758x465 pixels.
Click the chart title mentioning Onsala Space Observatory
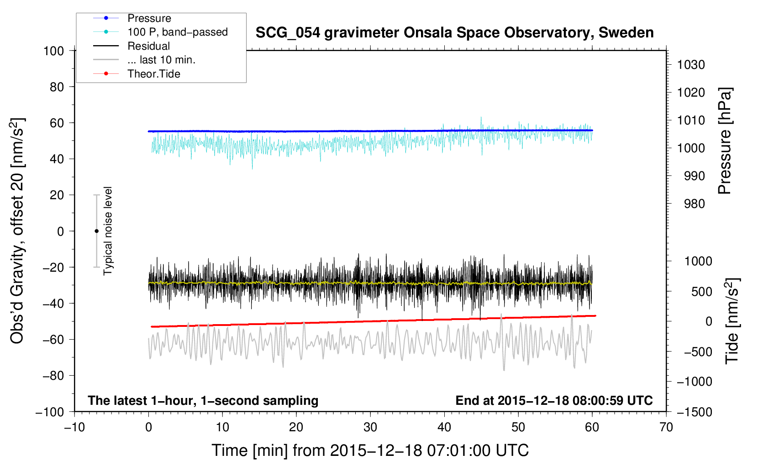454,33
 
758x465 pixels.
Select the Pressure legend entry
149,18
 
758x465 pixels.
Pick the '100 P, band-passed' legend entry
177,32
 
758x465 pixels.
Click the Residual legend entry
148,46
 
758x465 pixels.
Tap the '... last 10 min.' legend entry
161,60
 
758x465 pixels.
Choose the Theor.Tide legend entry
153,74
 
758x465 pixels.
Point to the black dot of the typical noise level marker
96,231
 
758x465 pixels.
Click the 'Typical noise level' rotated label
108,231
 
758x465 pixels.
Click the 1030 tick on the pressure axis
690,65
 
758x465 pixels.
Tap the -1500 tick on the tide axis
694,412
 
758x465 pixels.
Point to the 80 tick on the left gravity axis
57,87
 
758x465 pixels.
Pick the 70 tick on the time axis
666,427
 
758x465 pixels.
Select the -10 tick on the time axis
74,427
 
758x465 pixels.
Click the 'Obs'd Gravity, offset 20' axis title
17,231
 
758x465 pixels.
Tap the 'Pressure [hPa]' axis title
725,141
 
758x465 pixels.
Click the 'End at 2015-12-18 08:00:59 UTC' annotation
554,400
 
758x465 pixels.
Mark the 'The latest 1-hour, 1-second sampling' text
203,400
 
